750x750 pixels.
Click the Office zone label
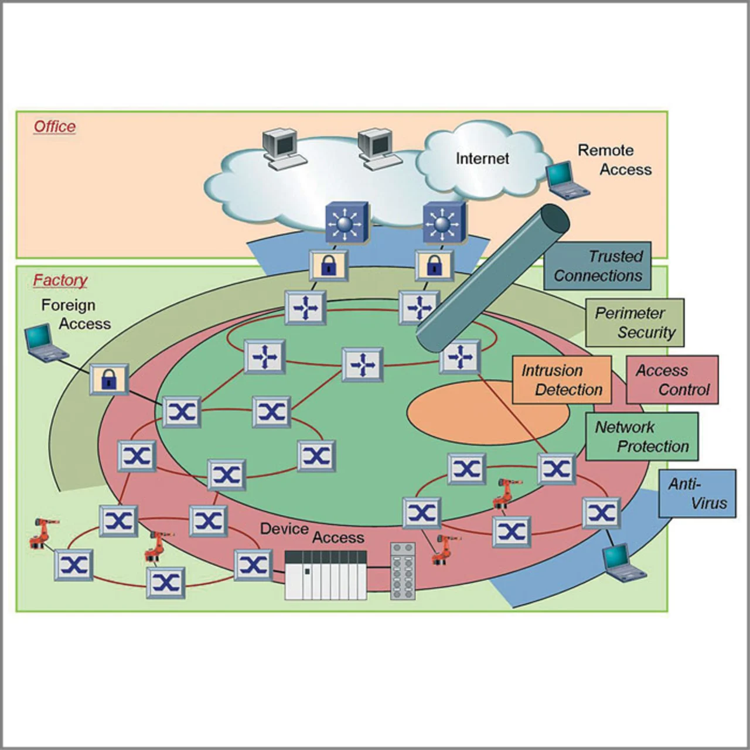pos(54,127)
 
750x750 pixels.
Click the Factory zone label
pos(60,280)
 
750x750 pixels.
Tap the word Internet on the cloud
pos(482,159)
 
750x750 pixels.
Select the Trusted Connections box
pos(597,266)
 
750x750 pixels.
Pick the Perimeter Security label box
pos(635,323)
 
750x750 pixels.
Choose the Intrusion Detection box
pos(561,380)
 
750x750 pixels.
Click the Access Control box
pos(672,380)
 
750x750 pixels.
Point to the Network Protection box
pos(642,437)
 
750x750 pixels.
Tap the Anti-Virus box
pos(697,493)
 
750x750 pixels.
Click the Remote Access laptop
pos(565,180)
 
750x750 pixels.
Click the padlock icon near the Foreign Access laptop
pos(109,379)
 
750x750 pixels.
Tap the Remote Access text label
pos(614,160)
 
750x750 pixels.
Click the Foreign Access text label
pos(76,315)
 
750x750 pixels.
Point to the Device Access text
pos(312,533)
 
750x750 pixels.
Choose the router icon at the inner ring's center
pos(362,365)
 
